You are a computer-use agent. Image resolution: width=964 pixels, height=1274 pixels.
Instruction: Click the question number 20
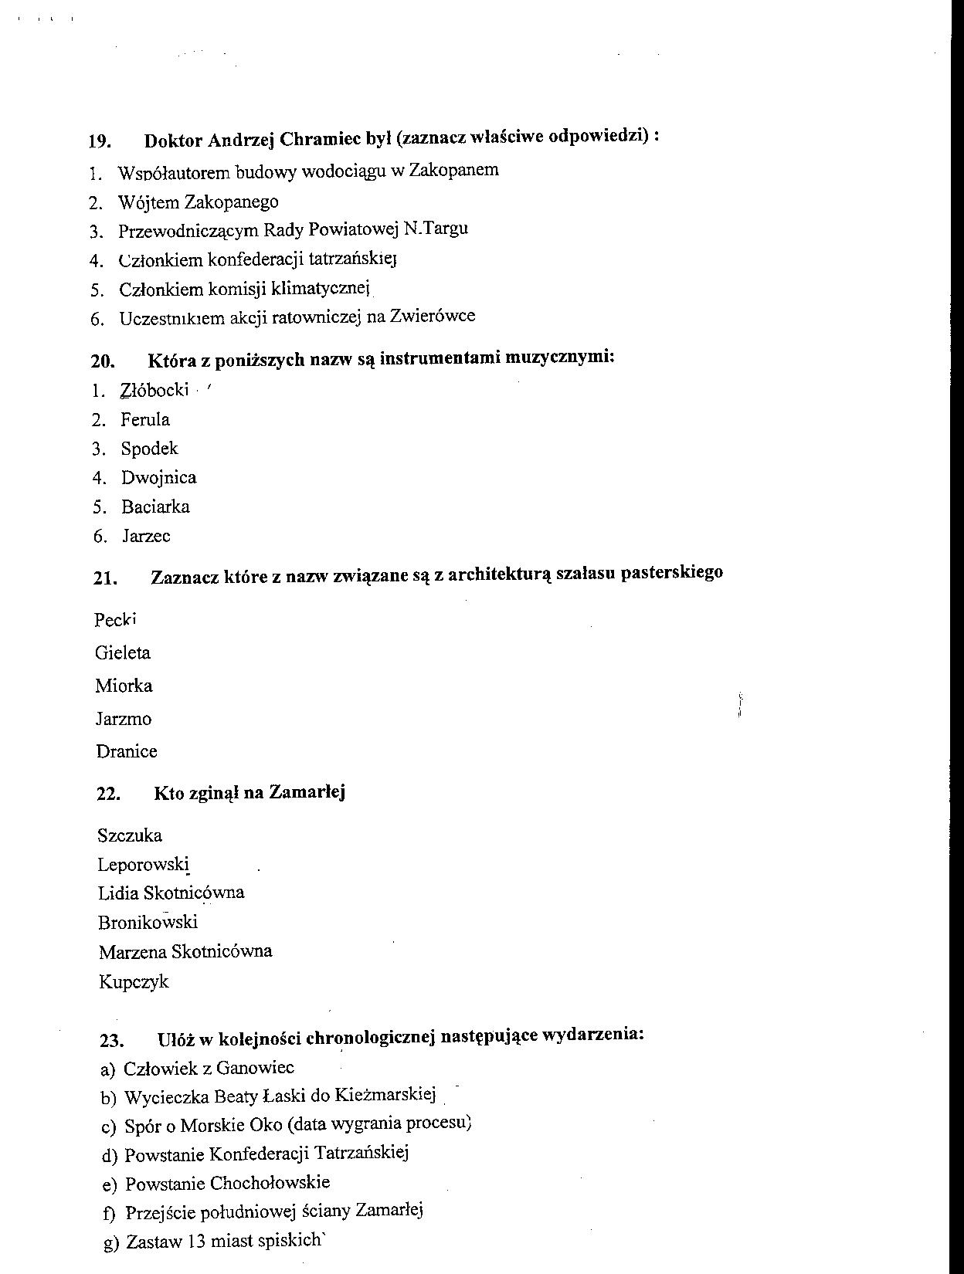pos(102,361)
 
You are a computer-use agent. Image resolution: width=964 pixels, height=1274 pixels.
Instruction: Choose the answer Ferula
pos(144,420)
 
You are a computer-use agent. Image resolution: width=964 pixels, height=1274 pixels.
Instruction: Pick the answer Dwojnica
pos(158,478)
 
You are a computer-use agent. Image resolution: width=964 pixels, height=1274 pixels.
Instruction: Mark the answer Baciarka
pos(154,507)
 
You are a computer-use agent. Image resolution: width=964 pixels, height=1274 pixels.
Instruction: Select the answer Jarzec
pos(145,536)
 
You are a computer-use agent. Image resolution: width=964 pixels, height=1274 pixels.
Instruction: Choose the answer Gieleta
pos(123,653)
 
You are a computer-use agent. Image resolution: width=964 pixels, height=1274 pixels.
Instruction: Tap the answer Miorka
pos(124,686)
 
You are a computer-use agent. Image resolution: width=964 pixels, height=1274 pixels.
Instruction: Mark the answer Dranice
pos(127,751)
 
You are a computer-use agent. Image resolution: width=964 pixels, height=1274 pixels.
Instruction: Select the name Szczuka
pos(130,835)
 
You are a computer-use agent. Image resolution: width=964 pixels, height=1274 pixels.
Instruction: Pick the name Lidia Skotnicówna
pos(171,893)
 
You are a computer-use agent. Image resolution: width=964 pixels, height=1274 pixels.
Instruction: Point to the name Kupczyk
pos(134,982)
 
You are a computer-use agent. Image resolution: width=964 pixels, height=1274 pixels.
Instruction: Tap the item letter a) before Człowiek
pos(108,1069)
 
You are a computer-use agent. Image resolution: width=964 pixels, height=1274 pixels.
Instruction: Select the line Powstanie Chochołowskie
pos(227,1183)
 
